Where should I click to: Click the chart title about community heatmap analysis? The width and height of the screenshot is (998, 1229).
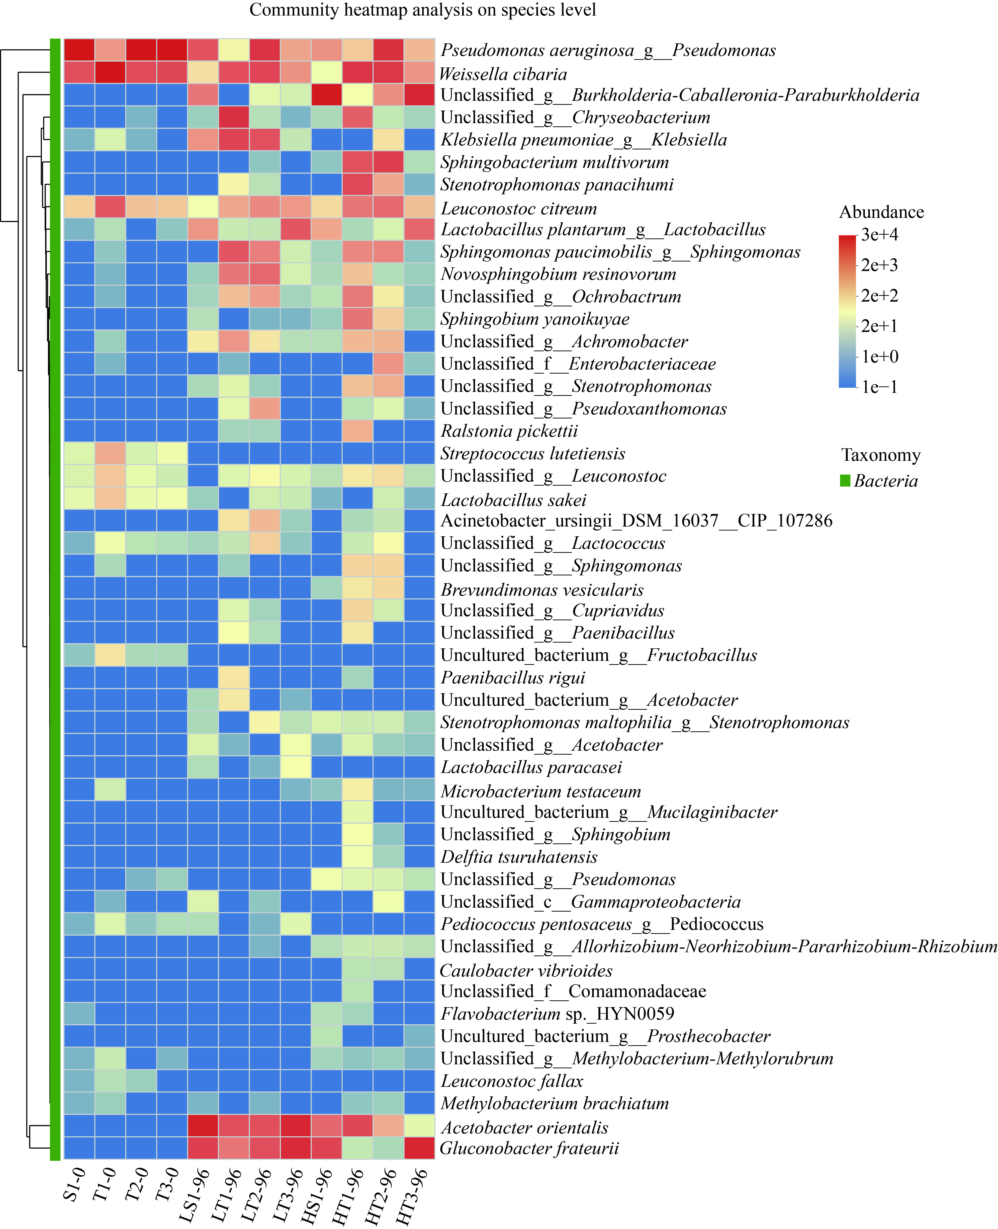[x=423, y=10]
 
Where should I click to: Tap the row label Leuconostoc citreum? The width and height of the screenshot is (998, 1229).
[x=518, y=209]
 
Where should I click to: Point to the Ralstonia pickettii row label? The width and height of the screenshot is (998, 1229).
[x=509, y=431]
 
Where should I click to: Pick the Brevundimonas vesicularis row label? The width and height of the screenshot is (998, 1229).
[x=542, y=590]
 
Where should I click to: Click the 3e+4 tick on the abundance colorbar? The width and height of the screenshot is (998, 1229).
[x=880, y=234]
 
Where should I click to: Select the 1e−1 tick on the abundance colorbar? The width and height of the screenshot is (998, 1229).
[x=880, y=387]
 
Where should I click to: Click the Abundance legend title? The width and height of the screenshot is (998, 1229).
[x=881, y=212]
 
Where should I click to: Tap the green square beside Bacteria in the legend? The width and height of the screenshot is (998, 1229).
[x=845, y=480]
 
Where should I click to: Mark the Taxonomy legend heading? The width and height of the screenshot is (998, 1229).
[x=881, y=455]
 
